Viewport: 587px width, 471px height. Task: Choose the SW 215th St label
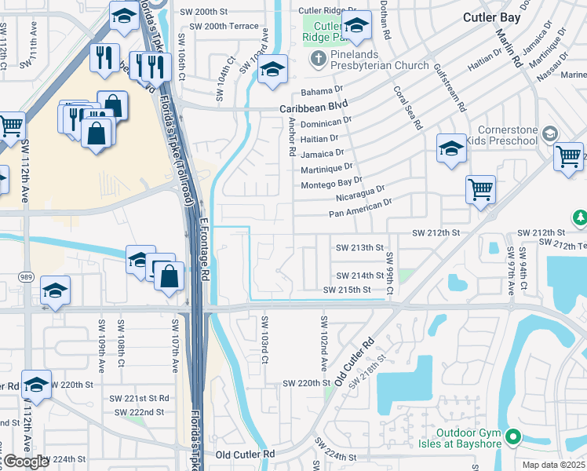[347, 290]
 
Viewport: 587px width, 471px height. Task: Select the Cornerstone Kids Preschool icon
[549, 133]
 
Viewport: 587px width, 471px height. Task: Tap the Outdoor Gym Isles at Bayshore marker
[513, 437]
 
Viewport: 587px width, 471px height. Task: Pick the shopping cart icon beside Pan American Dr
[480, 188]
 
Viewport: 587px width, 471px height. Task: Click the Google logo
[26, 462]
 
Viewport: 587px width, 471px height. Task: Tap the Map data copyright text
[554, 465]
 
